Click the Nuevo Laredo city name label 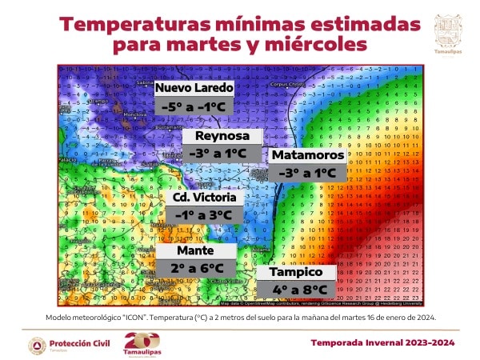tap(194, 87)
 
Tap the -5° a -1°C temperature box tap(194, 106)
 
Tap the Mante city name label tap(196, 250)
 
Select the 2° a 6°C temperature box tap(196, 268)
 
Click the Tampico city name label tap(294, 273)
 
